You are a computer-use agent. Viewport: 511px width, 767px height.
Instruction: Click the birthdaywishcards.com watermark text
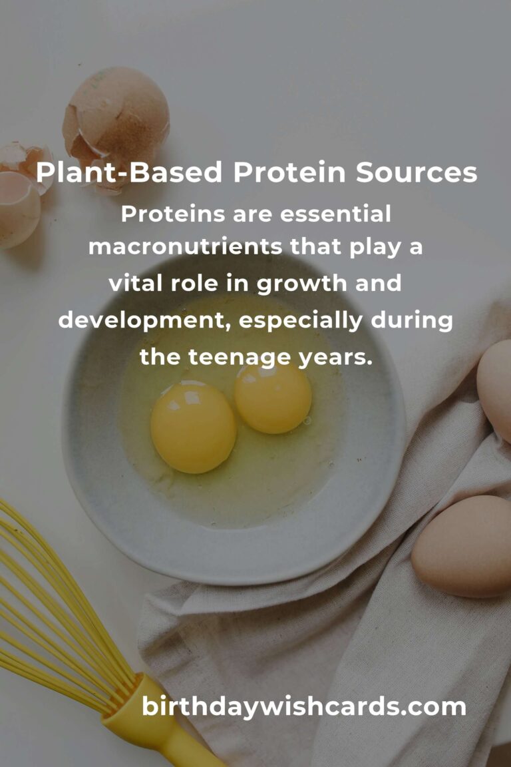(x=304, y=707)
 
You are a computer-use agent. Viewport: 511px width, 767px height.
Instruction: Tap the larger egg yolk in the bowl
(x=193, y=426)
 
